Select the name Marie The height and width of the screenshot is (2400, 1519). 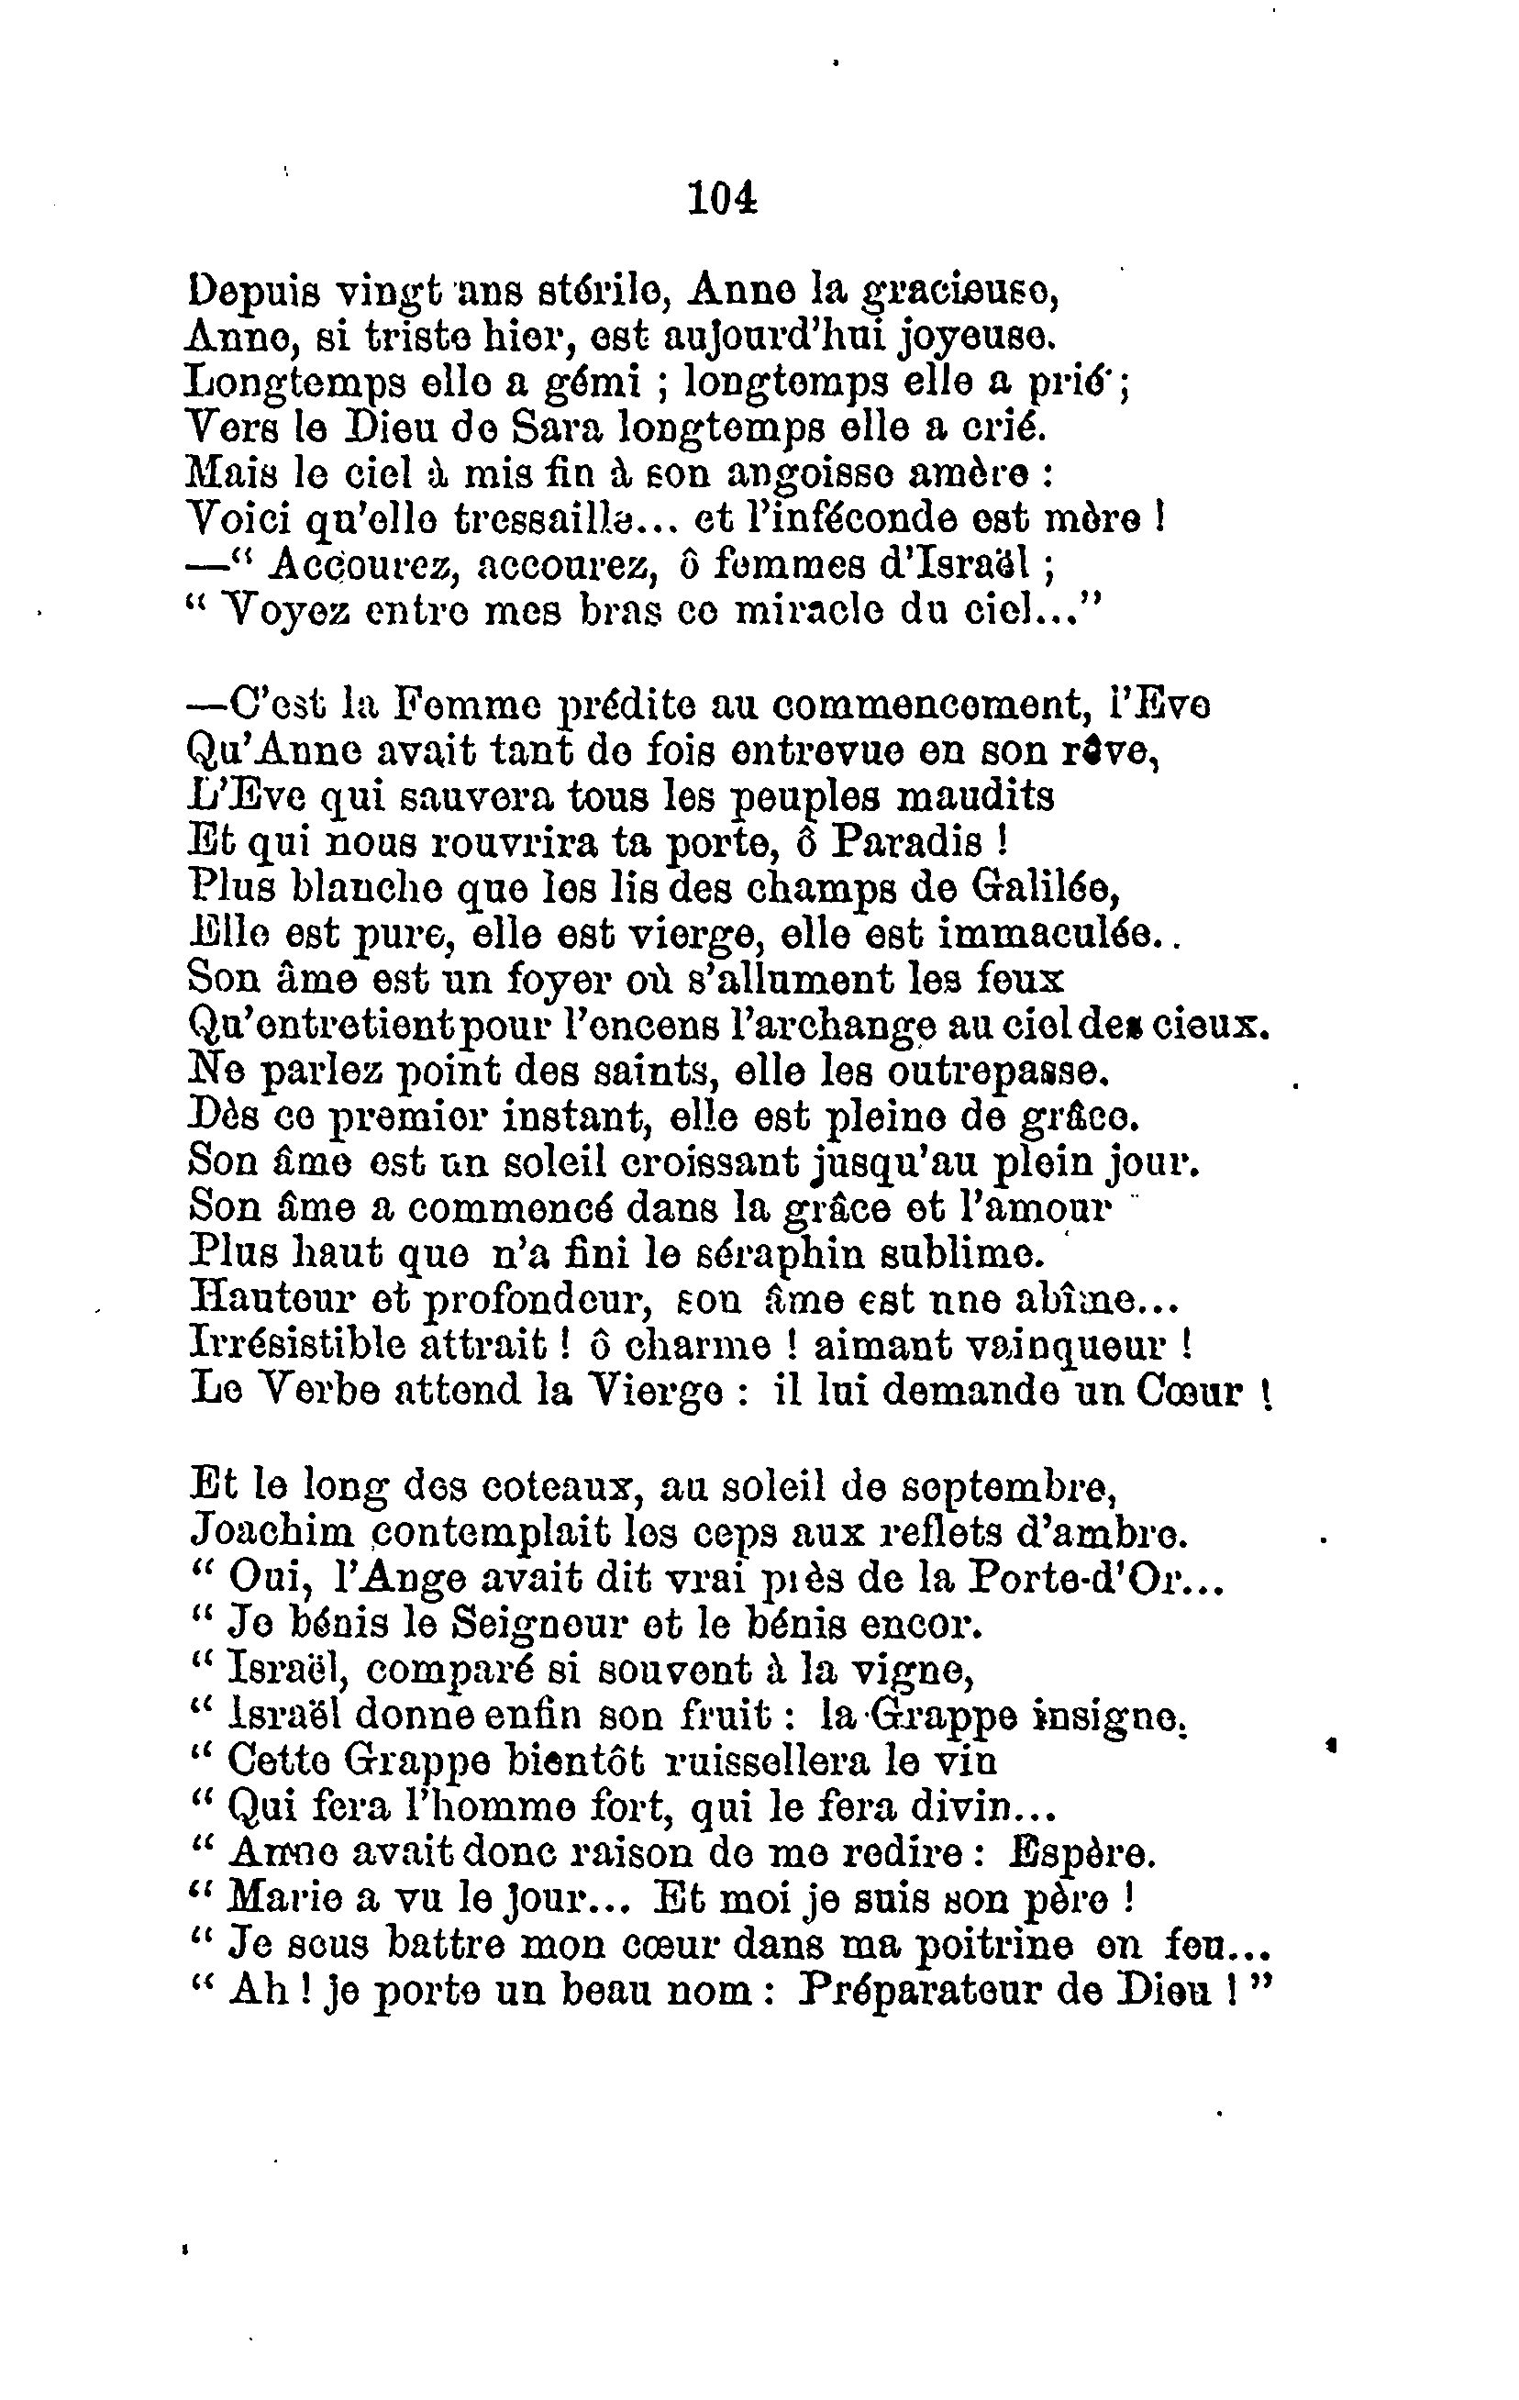point(283,1897)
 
